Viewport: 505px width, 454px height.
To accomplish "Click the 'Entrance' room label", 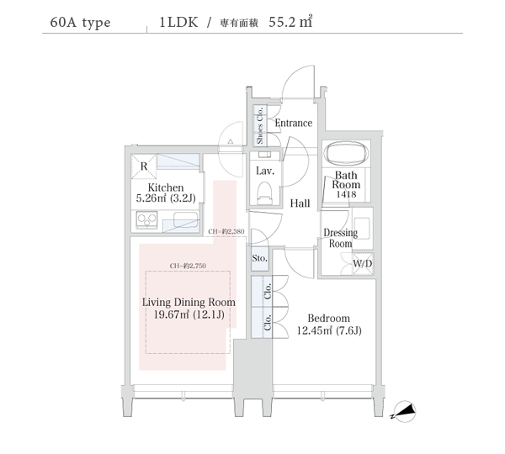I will pyautogui.click(x=294, y=123).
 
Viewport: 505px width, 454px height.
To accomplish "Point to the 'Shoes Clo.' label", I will pyautogui.click(x=260, y=125).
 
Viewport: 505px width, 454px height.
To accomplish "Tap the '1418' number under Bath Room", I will pyautogui.click(x=346, y=194).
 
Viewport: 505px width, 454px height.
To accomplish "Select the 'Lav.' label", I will pyautogui.click(x=263, y=171).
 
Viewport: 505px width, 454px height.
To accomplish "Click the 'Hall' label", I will pyautogui.click(x=300, y=203).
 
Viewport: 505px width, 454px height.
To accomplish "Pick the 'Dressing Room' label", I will pyautogui.click(x=340, y=238).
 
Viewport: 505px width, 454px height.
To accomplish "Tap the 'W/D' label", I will pyautogui.click(x=363, y=264).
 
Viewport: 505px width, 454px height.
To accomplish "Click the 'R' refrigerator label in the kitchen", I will pyautogui.click(x=145, y=166).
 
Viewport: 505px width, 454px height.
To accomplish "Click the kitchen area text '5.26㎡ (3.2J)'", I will pyautogui.click(x=167, y=199).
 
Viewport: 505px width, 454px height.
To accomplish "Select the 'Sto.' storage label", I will pyautogui.click(x=259, y=258).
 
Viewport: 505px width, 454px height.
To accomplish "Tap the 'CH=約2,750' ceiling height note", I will pyautogui.click(x=188, y=266).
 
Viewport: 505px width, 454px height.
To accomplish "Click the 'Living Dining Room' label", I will pyautogui.click(x=189, y=302).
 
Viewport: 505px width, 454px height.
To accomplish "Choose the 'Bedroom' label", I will pyautogui.click(x=328, y=319).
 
